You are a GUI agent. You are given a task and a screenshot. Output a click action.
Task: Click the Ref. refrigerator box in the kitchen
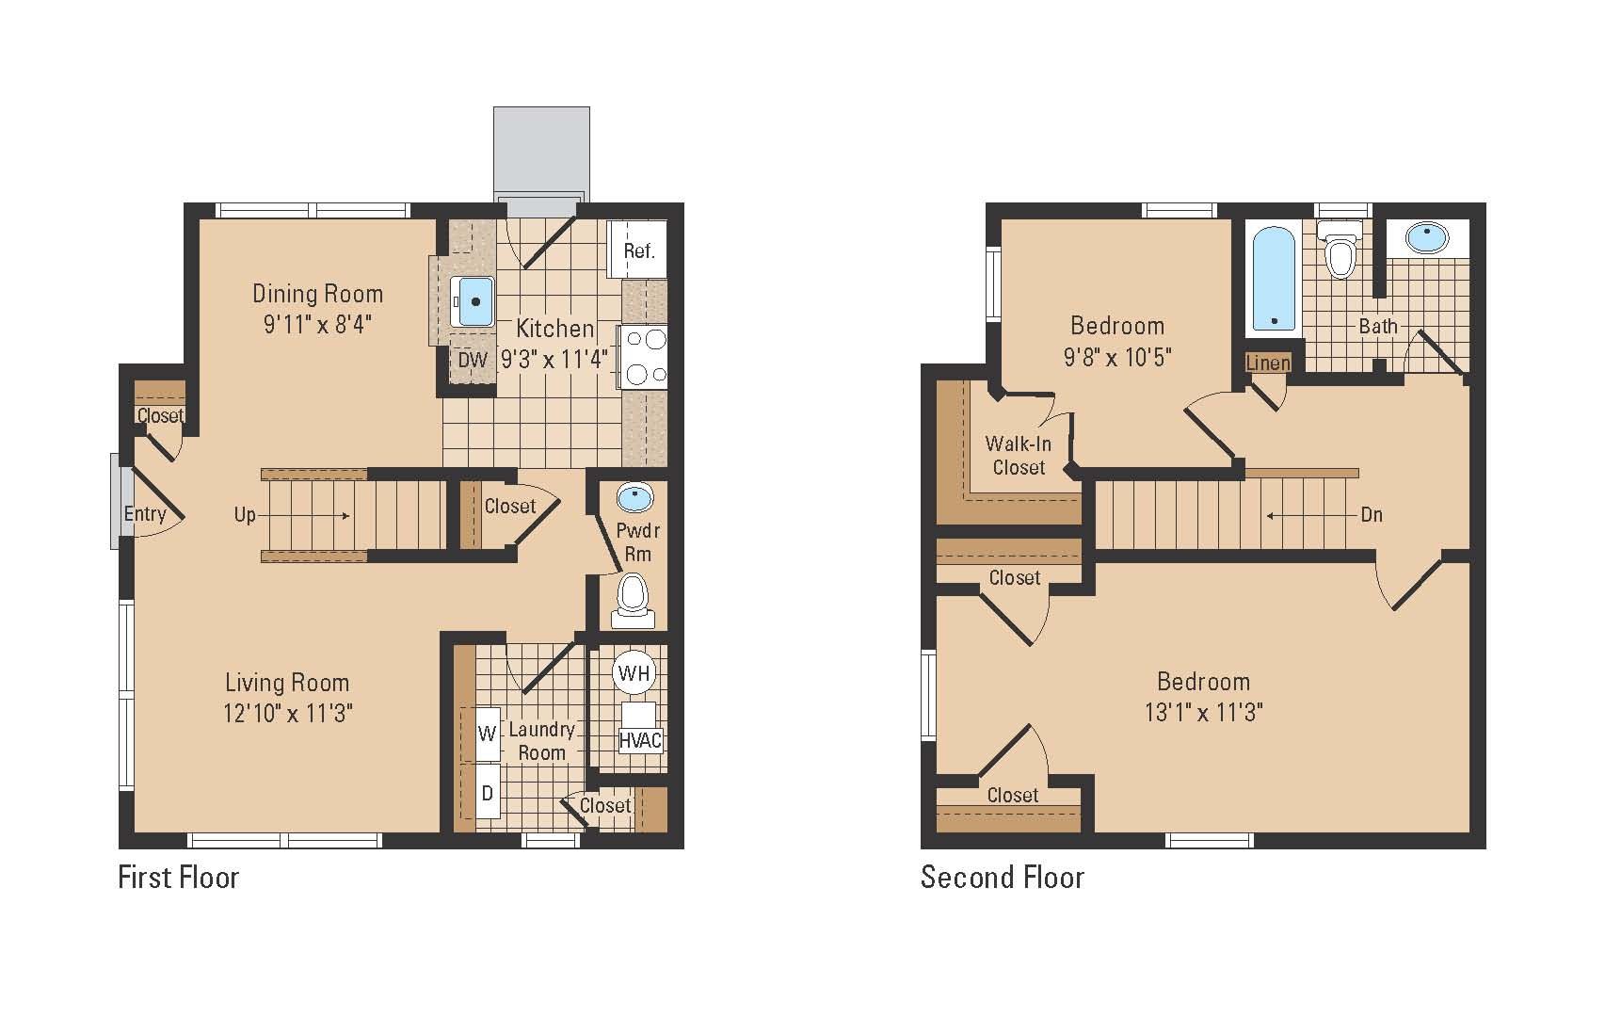[638, 250]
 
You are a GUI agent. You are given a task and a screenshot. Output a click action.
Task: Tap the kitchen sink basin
[473, 301]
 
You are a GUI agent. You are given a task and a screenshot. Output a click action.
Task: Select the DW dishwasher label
[473, 360]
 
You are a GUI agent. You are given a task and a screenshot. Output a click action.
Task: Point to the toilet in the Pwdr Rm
[633, 599]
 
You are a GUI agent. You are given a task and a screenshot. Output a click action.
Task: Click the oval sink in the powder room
[634, 496]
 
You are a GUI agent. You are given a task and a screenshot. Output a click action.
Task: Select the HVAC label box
[640, 740]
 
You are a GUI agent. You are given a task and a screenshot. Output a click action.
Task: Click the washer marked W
[487, 733]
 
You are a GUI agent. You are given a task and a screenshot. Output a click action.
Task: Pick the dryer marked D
[487, 793]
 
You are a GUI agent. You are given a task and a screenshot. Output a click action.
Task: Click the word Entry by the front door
[145, 514]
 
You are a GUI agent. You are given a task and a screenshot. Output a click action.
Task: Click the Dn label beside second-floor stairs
[1371, 515]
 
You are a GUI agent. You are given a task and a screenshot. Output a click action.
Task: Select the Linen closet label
[1267, 363]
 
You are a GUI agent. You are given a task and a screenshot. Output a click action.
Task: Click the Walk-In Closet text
[1019, 456]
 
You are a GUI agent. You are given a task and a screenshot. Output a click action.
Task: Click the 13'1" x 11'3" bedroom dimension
[1203, 712]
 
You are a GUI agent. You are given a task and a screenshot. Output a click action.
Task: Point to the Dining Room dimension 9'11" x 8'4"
[317, 325]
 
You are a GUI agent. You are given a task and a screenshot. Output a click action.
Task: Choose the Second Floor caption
[1003, 878]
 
